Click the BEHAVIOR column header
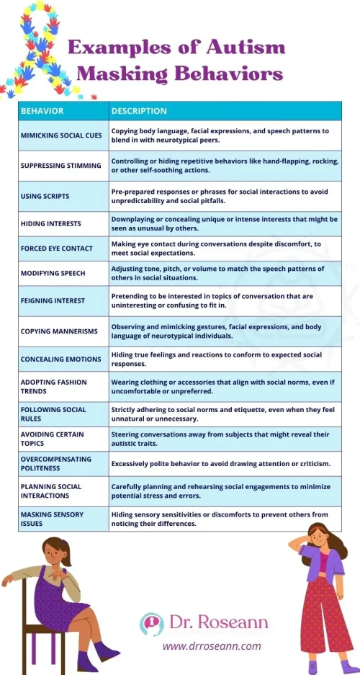pos(42,111)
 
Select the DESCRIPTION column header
pos(139,111)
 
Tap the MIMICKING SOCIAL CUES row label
pos(62,135)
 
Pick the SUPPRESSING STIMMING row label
pos(61,165)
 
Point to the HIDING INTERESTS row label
pos(51,223)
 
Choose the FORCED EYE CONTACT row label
pos(57,249)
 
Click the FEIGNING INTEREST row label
pos(53,300)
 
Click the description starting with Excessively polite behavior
pos(220,462)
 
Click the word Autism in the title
pos(245,49)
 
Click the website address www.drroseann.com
pos(212,645)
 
